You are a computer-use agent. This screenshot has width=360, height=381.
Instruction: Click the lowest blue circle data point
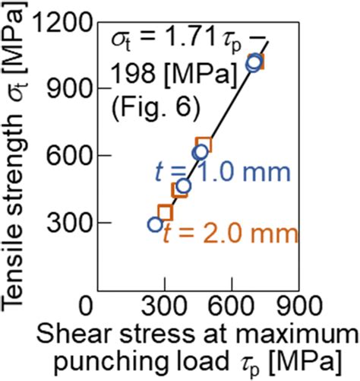(x=156, y=224)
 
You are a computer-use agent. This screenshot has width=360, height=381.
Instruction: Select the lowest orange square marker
(x=166, y=212)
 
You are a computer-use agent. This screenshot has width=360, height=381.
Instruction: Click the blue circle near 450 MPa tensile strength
(x=183, y=186)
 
